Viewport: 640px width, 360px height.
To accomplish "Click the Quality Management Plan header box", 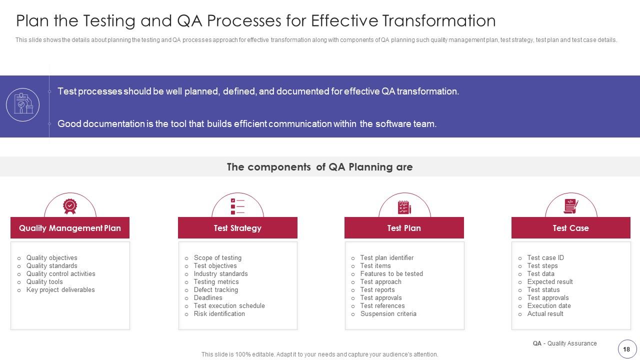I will point(70,228).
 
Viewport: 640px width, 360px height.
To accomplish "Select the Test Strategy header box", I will point(237,228).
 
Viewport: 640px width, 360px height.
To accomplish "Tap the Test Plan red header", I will point(404,228).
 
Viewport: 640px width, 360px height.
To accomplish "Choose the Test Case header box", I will point(570,228).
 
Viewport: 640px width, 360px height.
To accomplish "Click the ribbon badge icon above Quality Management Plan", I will point(70,206).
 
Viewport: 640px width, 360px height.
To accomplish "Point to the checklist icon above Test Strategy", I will point(237,206).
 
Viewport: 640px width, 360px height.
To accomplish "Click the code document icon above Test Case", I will point(570,206).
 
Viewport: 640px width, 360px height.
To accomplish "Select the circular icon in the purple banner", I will point(22,105).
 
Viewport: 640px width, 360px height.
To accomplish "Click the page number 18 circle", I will point(626,349).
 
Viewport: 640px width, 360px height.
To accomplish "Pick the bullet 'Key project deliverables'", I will point(60,290).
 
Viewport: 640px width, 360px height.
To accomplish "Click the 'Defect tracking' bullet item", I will point(215,290).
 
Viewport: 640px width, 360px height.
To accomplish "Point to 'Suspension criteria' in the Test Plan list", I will point(388,314).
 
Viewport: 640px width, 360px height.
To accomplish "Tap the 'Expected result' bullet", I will point(549,282).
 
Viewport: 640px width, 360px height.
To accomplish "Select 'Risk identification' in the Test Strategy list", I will point(219,314).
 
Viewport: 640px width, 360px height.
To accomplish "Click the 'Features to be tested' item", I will point(391,274).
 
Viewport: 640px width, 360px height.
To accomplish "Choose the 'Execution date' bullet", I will point(548,306).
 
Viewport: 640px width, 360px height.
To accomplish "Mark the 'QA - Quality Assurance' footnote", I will point(564,343).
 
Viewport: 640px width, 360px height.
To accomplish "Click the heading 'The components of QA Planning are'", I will point(319,167).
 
